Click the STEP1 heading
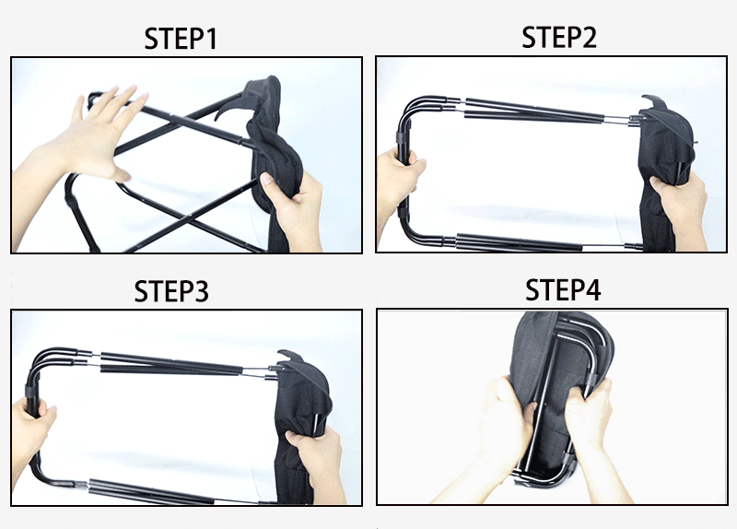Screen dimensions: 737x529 click(x=181, y=39)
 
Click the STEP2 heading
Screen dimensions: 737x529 click(x=559, y=37)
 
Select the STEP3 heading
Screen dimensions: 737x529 click(x=171, y=291)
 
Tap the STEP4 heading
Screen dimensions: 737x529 click(x=563, y=289)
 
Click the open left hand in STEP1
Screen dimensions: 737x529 click(x=89, y=141)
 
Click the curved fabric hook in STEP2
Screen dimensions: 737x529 click(x=654, y=102)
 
